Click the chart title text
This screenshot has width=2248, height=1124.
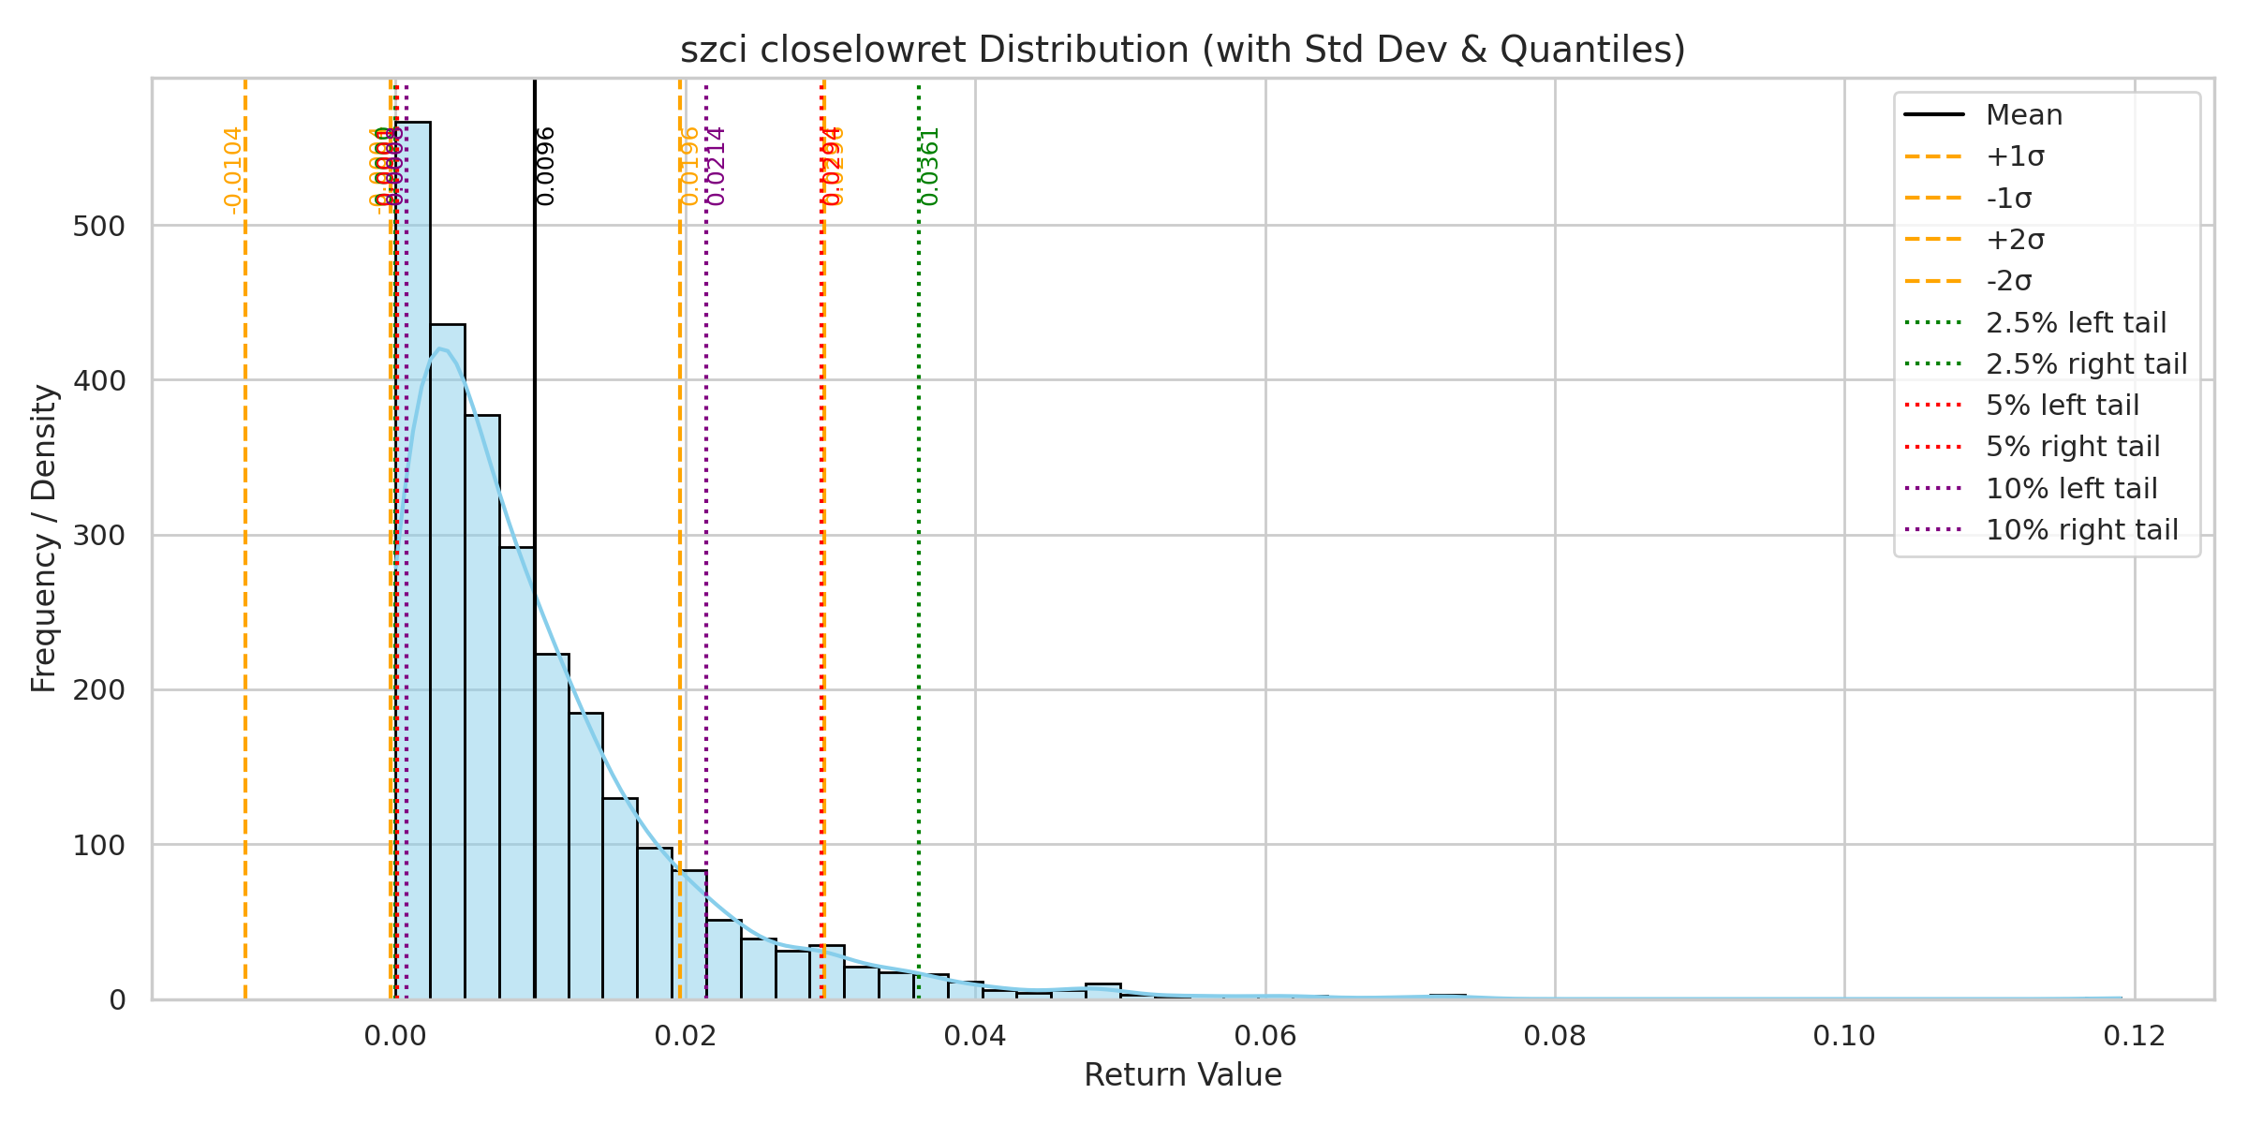tap(1182, 50)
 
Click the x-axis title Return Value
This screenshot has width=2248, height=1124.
tap(1182, 1074)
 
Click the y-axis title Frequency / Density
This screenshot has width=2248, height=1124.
tap(44, 539)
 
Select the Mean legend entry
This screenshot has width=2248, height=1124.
tap(2023, 115)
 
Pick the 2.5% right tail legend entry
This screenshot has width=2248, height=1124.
tap(2086, 363)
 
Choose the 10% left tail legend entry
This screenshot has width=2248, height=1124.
tap(2071, 488)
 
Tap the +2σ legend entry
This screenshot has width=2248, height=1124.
tap(2015, 240)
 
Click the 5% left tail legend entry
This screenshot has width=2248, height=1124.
tap(2062, 406)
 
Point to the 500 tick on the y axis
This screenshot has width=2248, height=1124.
tap(98, 226)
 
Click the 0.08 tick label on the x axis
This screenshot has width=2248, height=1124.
tap(1554, 1036)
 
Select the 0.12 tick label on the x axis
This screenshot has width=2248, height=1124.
tap(2134, 1036)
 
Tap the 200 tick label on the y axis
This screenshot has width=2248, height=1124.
tap(98, 690)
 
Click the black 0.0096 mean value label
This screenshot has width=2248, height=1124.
tap(546, 166)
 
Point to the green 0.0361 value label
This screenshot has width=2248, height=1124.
tap(929, 166)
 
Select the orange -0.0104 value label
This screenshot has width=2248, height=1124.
tap(233, 170)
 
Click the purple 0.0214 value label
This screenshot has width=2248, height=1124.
tap(717, 166)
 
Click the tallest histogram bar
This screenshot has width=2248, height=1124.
tap(413, 562)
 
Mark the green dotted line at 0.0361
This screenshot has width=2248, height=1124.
tap(919, 562)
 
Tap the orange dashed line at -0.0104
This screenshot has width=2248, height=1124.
tap(245, 562)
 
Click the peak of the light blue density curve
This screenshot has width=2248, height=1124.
tap(439, 349)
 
